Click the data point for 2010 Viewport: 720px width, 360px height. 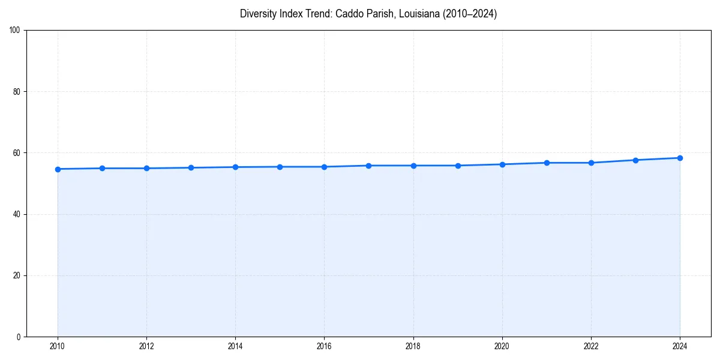tap(58, 169)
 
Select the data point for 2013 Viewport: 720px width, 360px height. tap(191, 167)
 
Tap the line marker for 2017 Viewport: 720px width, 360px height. tap(368, 166)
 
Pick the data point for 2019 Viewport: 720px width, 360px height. tap(458, 166)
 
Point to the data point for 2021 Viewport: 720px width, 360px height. tap(547, 163)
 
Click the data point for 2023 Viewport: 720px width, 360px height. tap(635, 160)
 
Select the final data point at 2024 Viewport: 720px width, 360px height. tap(680, 158)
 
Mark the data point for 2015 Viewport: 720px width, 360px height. tap(280, 167)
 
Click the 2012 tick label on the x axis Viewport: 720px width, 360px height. tap(146, 346)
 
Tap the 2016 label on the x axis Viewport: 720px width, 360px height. tap(324, 346)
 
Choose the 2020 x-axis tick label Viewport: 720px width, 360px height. tap(502, 346)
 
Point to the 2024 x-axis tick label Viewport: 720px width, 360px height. tap(680, 346)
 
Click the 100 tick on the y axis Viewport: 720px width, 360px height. tap(16, 31)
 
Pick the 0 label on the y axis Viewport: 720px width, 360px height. tap(19, 337)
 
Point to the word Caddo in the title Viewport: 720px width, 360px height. tap(347, 14)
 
